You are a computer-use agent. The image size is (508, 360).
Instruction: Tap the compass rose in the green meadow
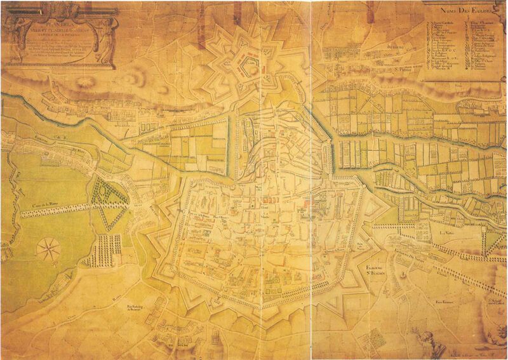46,249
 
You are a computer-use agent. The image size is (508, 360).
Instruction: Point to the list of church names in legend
464,48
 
